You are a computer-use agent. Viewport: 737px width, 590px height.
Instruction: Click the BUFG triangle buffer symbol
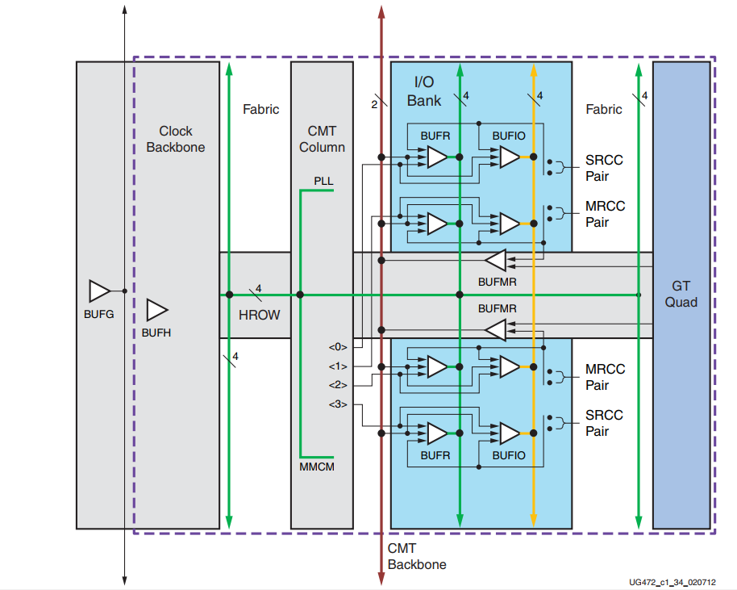[99, 291]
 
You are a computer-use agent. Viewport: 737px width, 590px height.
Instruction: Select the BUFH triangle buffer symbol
[156, 310]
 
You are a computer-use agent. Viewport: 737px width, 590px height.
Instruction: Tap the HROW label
[260, 314]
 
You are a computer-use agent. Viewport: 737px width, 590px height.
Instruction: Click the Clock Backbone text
[176, 139]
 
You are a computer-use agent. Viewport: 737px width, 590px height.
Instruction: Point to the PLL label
[323, 182]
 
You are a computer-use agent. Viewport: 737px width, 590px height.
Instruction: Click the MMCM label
[317, 467]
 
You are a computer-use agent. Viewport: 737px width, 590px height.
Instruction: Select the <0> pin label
[337, 347]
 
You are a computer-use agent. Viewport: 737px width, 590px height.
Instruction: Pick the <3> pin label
[337, 404]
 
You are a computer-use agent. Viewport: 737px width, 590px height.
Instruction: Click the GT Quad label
[681, 294]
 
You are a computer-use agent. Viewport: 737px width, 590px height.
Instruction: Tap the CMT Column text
[322, 139]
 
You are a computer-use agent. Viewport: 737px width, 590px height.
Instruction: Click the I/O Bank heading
[425, 90]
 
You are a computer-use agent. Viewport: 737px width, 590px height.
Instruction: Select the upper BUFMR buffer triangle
[495, 261]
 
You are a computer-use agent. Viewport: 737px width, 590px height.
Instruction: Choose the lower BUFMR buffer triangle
[495, 329]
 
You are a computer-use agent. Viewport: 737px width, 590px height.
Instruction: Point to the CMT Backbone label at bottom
[416, 556]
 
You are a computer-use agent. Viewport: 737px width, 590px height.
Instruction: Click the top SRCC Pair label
[604, 168]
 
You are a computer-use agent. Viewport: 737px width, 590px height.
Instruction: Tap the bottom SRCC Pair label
[604, 423]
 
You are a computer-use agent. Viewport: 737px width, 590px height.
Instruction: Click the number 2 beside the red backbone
[374, 103]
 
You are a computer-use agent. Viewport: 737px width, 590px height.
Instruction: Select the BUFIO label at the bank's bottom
[508, 455]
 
